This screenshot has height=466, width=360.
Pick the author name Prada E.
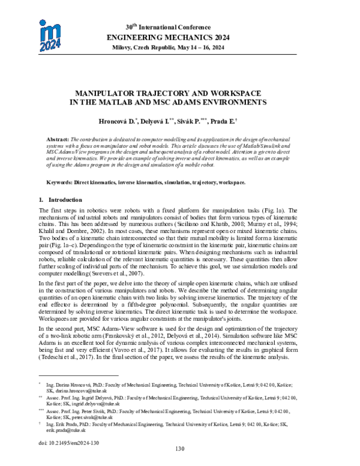[226, 121]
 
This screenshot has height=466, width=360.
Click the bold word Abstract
[58, 138]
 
